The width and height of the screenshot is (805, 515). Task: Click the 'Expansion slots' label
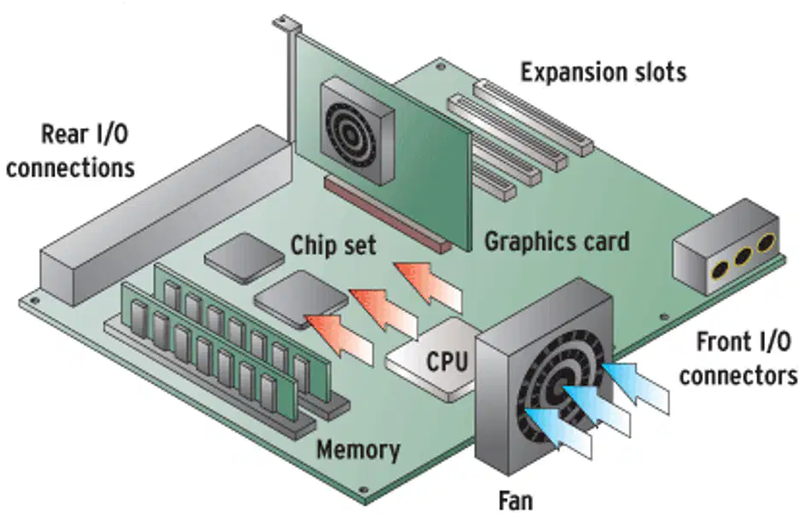tap(604, 72)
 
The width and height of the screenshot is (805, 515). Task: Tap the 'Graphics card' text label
tap(557, 242)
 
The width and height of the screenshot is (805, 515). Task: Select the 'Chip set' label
tap(334, 245)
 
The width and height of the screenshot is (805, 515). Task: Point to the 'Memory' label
tap(359, 450)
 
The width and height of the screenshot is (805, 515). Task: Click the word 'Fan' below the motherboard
tap(516, 500)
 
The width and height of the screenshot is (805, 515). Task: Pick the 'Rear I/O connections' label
tap(70, 151)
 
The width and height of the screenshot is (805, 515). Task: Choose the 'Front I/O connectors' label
tap(738, 359)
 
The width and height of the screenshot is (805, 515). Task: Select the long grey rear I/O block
tap(164, 216)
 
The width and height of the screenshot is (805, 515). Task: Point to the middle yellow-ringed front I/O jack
tap(743, 255)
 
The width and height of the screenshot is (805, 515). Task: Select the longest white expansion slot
tap(533, 118)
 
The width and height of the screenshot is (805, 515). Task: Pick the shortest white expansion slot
tap(494, 182)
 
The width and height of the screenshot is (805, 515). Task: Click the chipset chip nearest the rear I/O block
tap(245, 258)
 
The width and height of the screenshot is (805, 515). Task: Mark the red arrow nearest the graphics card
tap(429, 284)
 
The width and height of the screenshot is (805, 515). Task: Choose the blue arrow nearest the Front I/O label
tap(635, 388)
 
